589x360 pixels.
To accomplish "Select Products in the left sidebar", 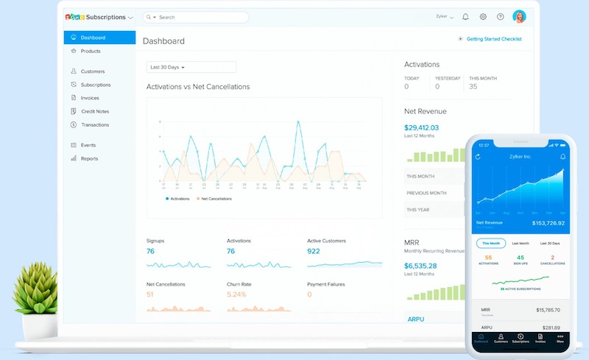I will click(91, 51).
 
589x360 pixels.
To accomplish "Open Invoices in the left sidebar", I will click(90, 98).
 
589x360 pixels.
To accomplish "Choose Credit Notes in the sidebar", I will click(95, 111).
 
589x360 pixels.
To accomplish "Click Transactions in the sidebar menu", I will click(95, 124).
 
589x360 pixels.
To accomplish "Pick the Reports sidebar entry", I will click(89, 158).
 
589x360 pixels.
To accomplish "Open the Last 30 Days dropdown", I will click(191, 67).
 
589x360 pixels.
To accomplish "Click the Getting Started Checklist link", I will click(493, 39).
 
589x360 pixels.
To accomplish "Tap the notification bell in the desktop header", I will click(465, 16).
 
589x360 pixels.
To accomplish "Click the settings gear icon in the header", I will click(483, 16).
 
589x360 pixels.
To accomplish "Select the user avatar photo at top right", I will click(519, 16).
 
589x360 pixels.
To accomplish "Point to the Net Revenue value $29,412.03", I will click(421, 127).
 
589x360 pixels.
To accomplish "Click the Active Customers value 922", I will click(314, 251).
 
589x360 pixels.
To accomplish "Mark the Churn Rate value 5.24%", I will click(236, 294).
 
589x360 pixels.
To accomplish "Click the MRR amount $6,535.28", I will click(420, 265).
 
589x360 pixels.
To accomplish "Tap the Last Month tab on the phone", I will click(521, 243).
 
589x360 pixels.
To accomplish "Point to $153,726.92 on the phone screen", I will click(549, 223).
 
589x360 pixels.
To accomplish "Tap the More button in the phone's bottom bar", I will click(560, 339).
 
